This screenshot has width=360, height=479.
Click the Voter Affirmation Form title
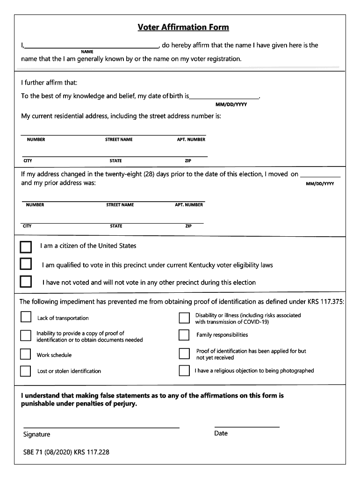click(x=183, y=27)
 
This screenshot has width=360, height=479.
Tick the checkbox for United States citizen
click(x=26, y=247)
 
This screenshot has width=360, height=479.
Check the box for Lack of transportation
click(x=26, y=317)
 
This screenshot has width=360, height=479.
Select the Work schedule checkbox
click(x=26, y=354)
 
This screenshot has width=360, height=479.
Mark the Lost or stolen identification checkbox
click(x=26, y=371)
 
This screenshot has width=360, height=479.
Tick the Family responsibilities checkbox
click(x=184, y=335)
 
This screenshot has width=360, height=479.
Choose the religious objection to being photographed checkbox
click(x=184, y=370)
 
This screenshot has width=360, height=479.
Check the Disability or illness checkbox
click(x=184, y=318)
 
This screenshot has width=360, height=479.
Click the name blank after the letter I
click(x=92, y=46)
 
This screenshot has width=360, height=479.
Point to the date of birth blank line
click(x=224, y=96)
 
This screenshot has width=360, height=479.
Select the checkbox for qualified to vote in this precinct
click(x=26, y=264)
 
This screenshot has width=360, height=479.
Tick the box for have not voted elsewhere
click(x=26, y=282)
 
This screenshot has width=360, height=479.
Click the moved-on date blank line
click(x=320, y=175)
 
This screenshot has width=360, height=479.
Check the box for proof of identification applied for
click(x=184, y=354)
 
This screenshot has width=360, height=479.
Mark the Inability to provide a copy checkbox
click(x=26, y=336)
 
